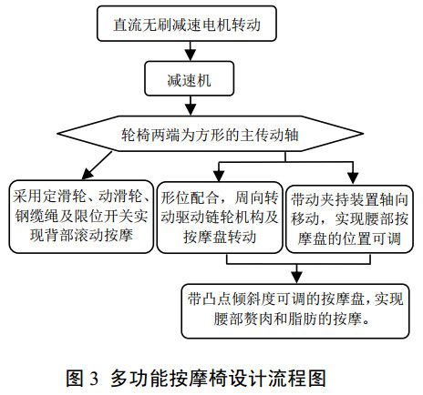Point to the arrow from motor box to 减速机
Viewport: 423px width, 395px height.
point(185,51)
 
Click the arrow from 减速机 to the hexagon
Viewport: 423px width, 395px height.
point(185,107)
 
